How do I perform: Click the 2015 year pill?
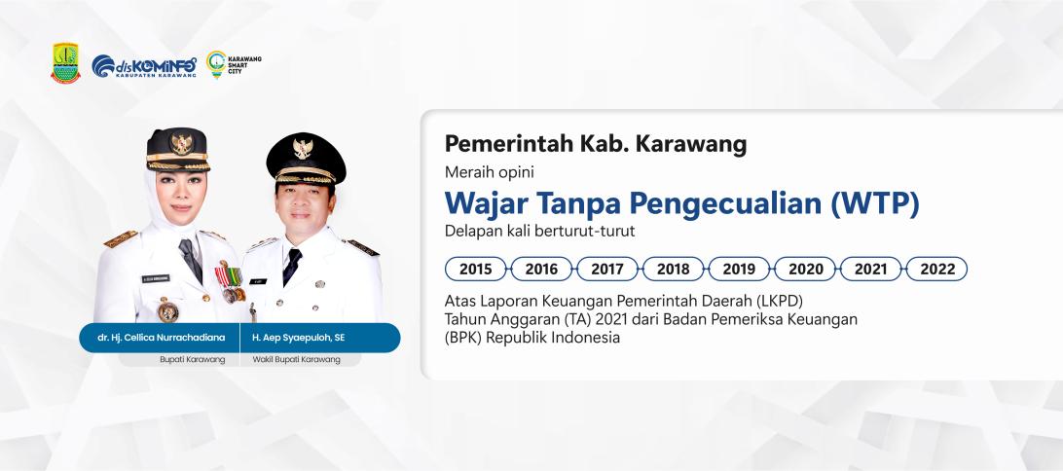point(475,269)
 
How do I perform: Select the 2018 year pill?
point(674,269)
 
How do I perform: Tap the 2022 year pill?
point(936,269)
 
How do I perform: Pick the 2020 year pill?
point(805,269)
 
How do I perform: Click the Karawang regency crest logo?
point(66,63)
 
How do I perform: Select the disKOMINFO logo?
point(144,66)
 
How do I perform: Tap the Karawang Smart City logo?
point(234,64)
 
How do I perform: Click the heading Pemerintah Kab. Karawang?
point(595,144)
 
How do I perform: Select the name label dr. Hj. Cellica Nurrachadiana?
point(161,338)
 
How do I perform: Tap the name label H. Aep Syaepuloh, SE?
point(298,338)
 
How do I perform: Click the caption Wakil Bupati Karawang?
point(296,359)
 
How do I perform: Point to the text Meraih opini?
point(490,173)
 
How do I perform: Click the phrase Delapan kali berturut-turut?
point(539,231)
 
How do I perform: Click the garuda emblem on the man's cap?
point(303,149)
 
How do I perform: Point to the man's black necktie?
point(291,267)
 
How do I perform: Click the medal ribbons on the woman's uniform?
point(229,275)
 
